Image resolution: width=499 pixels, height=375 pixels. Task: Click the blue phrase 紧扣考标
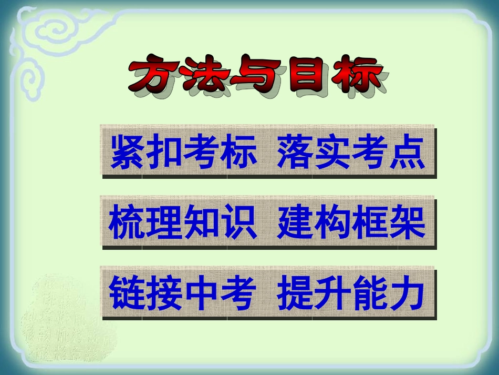[183, 151]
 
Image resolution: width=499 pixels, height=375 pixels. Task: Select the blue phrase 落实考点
[351, 151]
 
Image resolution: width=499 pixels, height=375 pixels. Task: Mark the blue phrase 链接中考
[183, 293]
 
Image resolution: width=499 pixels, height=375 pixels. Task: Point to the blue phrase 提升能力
[351, 293]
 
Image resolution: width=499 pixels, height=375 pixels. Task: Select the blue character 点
[407, 151]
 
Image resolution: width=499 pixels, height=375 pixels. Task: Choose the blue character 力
[407, 293]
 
